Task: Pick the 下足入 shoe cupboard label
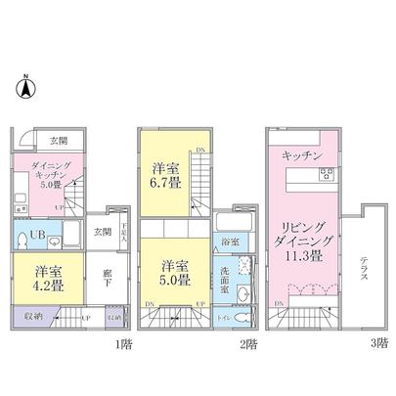pos(126,234)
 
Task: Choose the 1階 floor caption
pos(126,343)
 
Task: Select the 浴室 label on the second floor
pos(231,240)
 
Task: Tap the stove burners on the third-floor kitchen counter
pos(326,175)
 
